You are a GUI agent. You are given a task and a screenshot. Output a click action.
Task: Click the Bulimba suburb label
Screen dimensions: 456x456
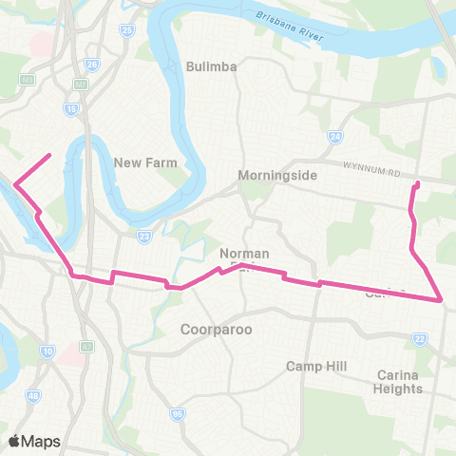(212, 67)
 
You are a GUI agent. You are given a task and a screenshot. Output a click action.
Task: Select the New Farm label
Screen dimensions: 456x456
(140, 162)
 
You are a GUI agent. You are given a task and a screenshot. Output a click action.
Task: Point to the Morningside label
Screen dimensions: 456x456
(275, 176)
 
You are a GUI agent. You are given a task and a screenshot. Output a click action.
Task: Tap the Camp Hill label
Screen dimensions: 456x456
(317, 366)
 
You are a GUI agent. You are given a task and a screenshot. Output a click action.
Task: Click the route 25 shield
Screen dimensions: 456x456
(126, 30)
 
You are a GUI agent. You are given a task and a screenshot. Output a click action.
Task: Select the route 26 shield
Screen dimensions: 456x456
(92, 65)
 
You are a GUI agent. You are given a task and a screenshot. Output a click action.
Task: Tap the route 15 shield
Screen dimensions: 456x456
(71, 109)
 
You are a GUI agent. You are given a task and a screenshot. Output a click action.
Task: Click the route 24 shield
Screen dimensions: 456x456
(334, 138)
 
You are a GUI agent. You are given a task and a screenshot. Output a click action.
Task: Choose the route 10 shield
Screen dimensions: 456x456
(47, 352)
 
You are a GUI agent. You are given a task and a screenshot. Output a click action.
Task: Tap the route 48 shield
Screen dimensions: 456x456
(34, 395)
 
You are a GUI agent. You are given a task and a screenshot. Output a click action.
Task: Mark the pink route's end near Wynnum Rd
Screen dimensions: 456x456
(417, 182)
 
